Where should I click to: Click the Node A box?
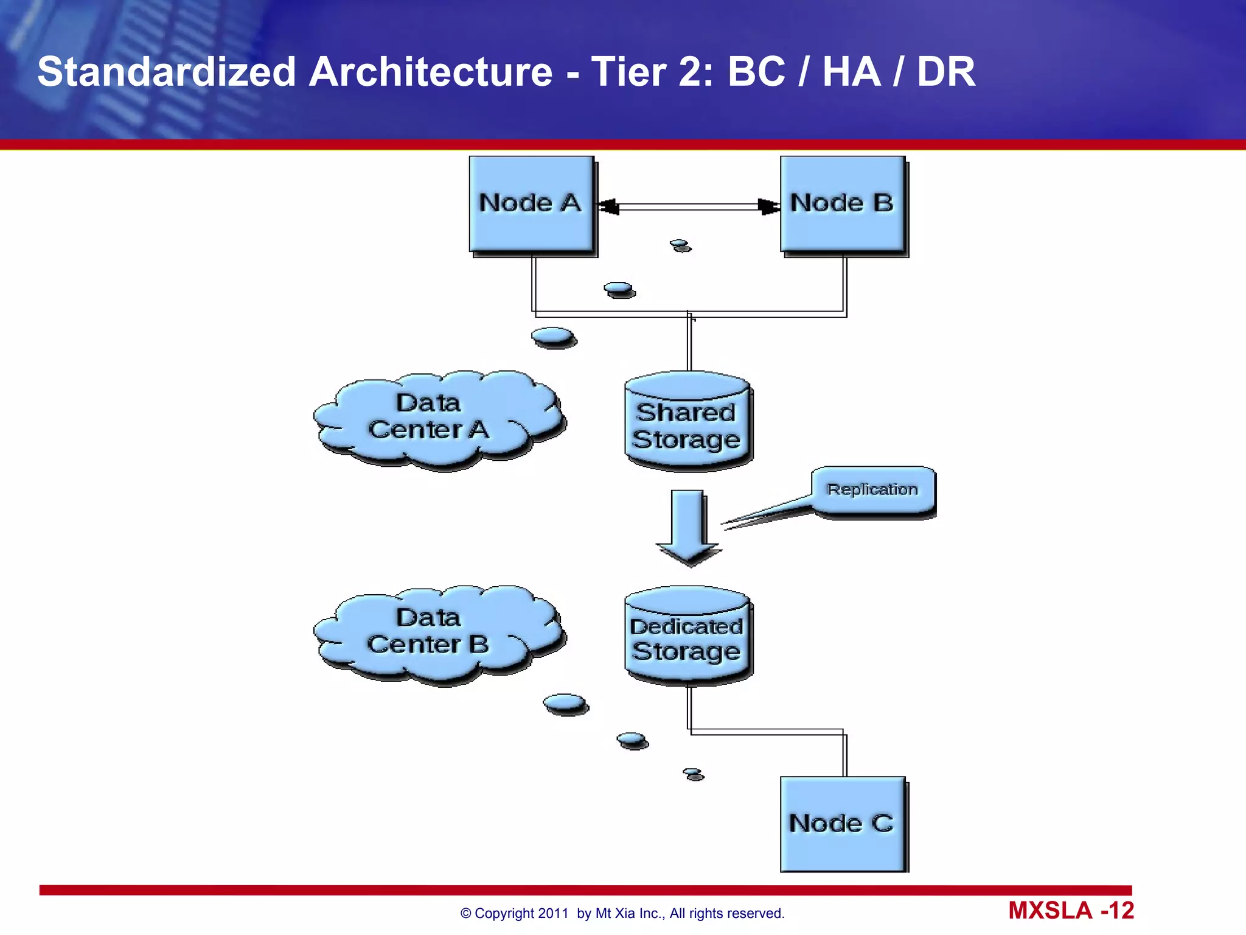[531, 204]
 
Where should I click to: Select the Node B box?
[843, 204]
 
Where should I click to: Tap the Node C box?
[843, 824]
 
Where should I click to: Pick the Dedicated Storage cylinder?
[687, 636]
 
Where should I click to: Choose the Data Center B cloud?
[435, 633]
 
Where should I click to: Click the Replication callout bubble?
[872, 490]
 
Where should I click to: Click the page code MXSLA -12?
[1071, 911]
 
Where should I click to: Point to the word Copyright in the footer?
[504, 913]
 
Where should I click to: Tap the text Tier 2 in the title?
[652, 72]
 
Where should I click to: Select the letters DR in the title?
[945, 72]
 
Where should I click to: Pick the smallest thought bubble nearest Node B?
[680, 245]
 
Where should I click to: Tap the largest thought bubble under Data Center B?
[565, 704]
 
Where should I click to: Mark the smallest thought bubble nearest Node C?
[693, 774]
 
